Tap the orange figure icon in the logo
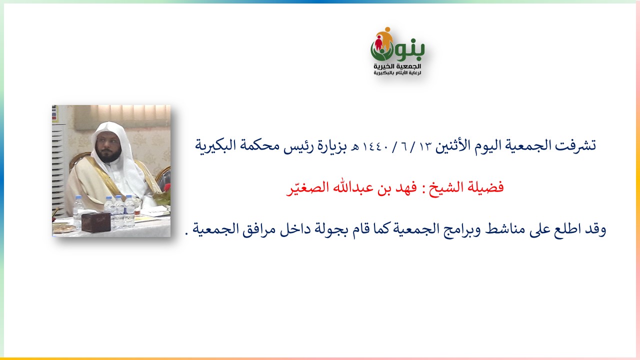385,37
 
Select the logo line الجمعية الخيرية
397,66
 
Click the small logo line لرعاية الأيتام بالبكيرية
397,73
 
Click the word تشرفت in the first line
575,145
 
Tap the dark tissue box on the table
96,222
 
